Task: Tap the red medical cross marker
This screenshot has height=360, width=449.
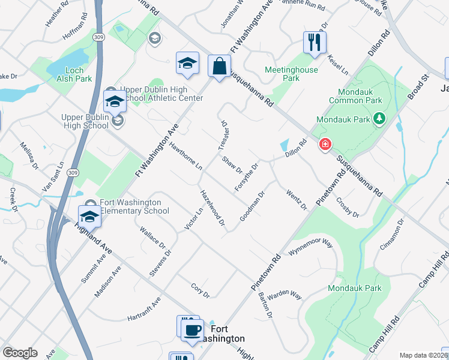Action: (325, 144)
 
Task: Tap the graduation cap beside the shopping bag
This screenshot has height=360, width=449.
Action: (187, 63)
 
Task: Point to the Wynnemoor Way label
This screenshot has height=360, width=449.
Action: (310, 247)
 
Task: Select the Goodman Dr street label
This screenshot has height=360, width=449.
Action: (252, 206)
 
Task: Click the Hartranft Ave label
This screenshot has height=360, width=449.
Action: (144, 308)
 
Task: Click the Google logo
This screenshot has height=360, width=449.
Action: (20, 353)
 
